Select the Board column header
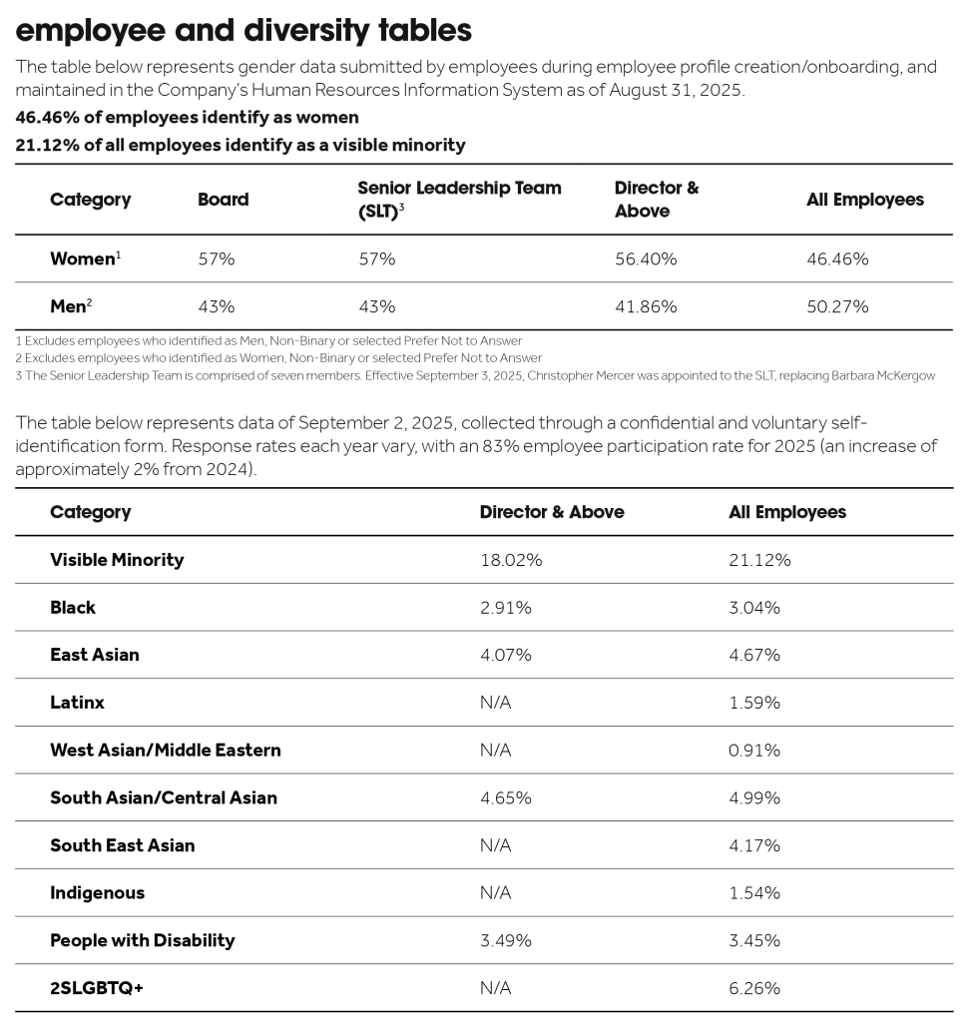pos(224,200)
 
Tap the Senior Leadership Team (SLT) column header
pos(459,200)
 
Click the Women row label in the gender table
pos(83,259)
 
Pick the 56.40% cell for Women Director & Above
pos(646,259)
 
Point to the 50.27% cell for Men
pos(837,306)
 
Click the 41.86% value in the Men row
pos(646,306)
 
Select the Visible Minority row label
pos(117,560)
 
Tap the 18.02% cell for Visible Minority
pos(511,560)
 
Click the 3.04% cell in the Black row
pos(754,608)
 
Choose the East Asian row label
pos(95,655)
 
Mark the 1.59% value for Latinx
pos(754,703)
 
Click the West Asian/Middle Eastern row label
pos(166,751)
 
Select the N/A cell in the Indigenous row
pos(495,893)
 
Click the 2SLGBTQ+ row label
pos(97,988)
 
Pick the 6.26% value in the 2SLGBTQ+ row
pos(754,988)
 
